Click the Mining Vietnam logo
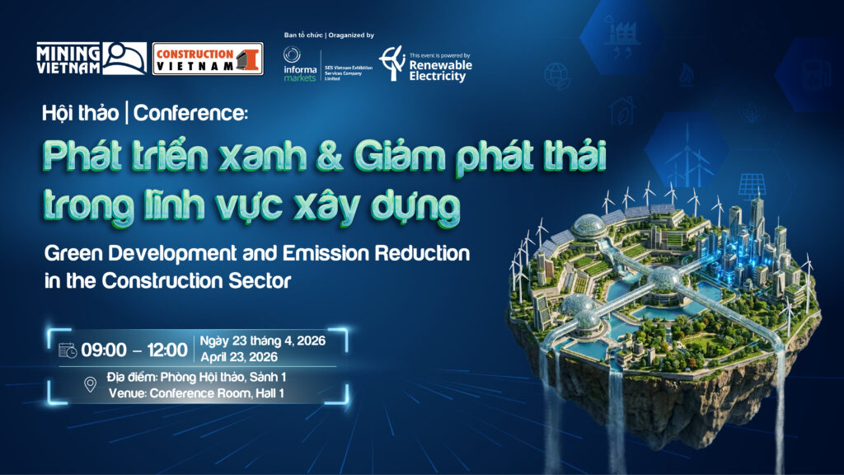point(91,59)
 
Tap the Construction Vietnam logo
point(208,59)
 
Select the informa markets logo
point(300,64)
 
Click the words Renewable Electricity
point(440,71)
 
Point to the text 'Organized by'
point(351,35)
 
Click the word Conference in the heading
point(190,113)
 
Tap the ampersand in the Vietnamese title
point(330,156)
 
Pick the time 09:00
point(104,350)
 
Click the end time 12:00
point(166,350)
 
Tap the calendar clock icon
point(68,350)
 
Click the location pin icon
point(91,384)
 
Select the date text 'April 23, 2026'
point(240,357)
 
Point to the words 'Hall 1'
point(270,393)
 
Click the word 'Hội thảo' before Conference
point(81,113)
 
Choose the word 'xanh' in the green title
point(261,156)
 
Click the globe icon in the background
point(556,75)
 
